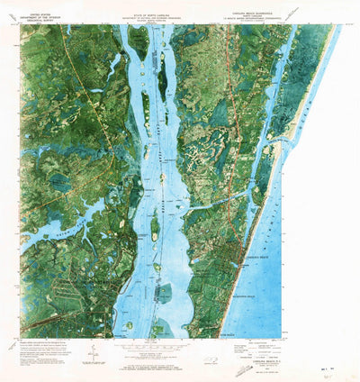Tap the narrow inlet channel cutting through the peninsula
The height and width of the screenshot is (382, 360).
216,202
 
